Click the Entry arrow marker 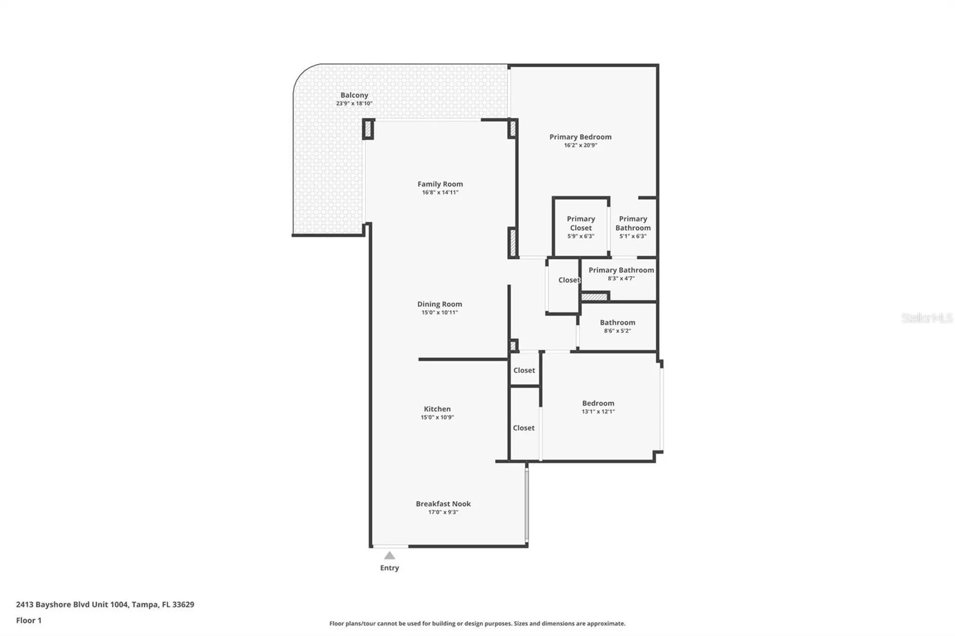[389, 555]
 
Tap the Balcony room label [354, 95]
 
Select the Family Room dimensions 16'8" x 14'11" [440, 192]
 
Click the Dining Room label [440, 304]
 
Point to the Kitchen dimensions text [437, 417]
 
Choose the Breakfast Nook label [443, 504]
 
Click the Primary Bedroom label [580, 137]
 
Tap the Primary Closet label [581, 223]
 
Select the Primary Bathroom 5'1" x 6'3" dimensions [633, 236]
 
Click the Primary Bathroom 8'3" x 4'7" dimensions [621, 278]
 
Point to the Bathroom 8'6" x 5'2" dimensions [618, 331]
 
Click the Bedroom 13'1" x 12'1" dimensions [598, 412]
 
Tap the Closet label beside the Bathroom [569, 280]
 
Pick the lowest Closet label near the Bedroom [524, 428]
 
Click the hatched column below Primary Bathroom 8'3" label [594, 297]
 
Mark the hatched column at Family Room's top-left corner [368, 129]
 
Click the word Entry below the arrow [389, 568]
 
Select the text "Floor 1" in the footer [29, 620]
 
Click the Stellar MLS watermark [927, 318]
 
